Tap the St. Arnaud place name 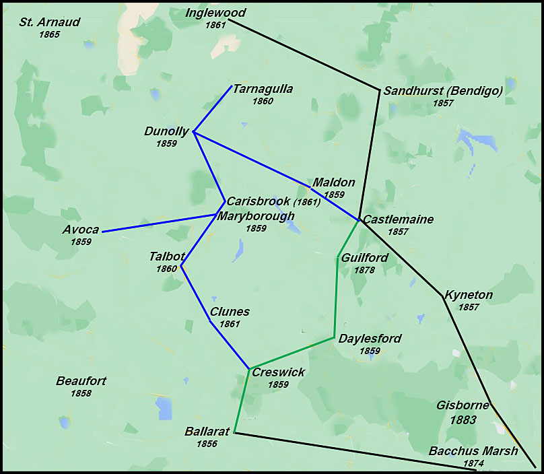49,22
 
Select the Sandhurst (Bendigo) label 443,92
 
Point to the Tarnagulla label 263,89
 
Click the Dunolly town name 166,131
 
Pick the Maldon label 333,182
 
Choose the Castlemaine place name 398,219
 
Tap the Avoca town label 81,230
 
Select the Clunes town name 230,312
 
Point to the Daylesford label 370,339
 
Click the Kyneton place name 468,295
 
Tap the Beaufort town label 81,381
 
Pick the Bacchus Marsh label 473,451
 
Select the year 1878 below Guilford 364,270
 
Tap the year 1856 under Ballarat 206,444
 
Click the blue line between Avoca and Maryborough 158,223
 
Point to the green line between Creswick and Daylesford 292,353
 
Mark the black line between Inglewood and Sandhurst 303,55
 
